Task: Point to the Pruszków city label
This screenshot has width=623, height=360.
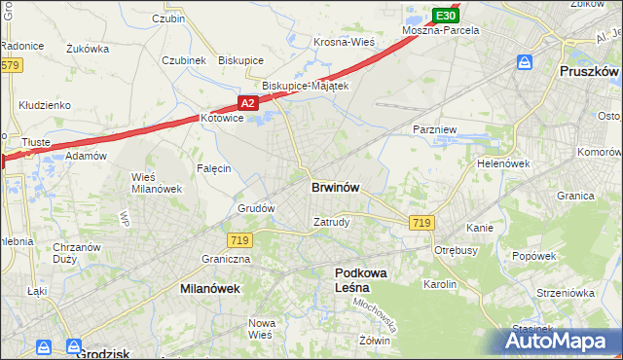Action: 590,72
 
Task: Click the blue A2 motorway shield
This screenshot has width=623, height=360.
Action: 248,102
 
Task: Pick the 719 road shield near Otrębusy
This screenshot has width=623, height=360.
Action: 421,223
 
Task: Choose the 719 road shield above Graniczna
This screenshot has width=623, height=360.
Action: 238,239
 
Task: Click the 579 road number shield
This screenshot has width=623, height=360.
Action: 11,65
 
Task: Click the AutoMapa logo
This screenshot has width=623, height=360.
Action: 563,341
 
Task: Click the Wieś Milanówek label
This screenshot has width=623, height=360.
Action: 157,182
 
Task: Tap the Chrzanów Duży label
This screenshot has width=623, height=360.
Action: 77,253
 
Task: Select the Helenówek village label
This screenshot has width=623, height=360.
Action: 503,163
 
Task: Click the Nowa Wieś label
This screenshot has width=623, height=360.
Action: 261,329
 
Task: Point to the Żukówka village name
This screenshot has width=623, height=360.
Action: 88,47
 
